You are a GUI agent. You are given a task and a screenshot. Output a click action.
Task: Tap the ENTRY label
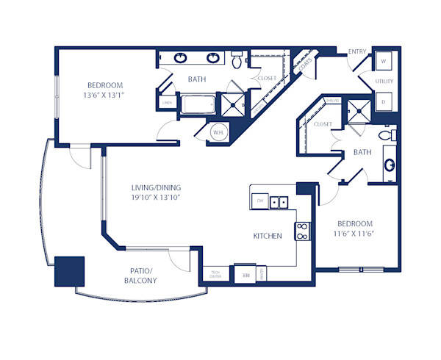click(x=358, y=51)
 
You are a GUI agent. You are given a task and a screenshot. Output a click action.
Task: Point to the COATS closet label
click(x=306, y=64)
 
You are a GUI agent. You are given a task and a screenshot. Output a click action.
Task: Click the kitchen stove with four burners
click(x=301, y=231)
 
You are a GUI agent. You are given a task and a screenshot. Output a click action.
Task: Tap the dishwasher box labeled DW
click(x=259, y=201)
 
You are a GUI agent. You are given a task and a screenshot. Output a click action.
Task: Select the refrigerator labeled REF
click(x=243, y=273)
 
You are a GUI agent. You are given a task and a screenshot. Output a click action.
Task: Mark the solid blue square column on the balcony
click(x=70, y=271)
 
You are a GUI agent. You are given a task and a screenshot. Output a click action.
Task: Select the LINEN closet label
click(x=167, y=103)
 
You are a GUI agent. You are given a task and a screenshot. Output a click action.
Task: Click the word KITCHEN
click(x=268, y=237)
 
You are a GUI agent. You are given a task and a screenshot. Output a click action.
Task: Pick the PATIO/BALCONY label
click(x=140, y=276)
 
